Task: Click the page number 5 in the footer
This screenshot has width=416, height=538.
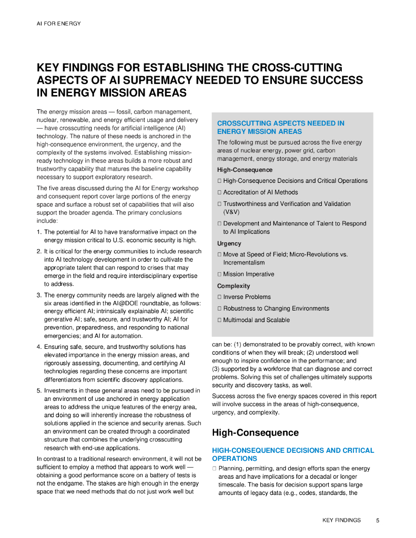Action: (x=378, y=520)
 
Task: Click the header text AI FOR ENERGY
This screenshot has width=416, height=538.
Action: (x=58, y=24)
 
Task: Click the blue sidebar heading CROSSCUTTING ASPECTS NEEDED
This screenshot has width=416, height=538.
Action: (x=280, y=123)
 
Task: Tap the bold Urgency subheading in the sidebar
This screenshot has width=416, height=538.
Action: (x=229, y=244)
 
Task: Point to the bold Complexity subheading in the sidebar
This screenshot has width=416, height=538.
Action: (x=234, y=286)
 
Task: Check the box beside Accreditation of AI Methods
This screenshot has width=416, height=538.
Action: (x=219, y=192)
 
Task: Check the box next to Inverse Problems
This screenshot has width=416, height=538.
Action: (x=219, y=297)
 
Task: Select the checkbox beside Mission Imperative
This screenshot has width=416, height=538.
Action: (x=219, y=274)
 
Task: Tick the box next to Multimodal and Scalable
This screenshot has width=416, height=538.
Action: (x=219, y=320)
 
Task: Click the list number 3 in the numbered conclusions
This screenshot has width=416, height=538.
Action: (x=39, y=295)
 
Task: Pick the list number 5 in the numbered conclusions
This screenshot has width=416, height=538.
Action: (x=39, y=391)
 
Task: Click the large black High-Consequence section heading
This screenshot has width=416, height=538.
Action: (x=255, y=433)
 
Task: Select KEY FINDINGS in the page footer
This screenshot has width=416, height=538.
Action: (x=341, y=520)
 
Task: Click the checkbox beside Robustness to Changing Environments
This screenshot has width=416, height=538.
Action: (x=219, y=308)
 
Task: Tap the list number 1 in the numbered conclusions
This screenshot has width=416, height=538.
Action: (x=39, y=232)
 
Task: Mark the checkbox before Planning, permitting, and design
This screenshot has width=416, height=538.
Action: (x=215, y=469)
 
